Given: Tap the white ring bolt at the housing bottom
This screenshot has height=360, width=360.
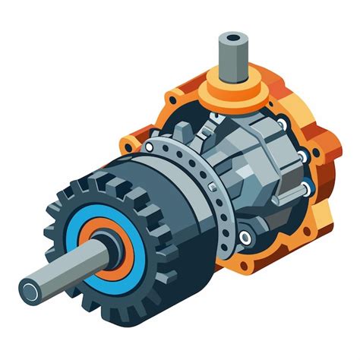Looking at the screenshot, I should click(x=245, y=237).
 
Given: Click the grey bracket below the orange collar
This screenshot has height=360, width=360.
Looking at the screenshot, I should click(x=220, y=122).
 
